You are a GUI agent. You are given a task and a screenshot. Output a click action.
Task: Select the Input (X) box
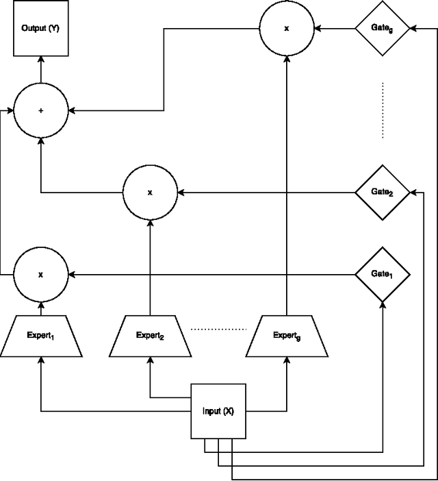coord(218,411)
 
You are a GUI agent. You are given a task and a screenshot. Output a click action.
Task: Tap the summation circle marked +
coord(40,110)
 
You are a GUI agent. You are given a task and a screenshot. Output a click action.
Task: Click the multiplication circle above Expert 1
coord(40,275)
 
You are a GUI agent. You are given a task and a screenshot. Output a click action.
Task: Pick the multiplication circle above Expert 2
coord(150,193)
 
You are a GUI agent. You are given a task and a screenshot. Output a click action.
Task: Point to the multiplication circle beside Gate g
coord(287,28)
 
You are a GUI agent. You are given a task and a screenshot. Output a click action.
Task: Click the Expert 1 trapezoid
coord(40,336)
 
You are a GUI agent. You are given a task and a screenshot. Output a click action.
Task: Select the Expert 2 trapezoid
coord(150,336)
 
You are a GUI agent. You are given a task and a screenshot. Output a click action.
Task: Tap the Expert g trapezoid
coord(287,336)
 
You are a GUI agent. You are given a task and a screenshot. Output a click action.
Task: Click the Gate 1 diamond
coord(382,275)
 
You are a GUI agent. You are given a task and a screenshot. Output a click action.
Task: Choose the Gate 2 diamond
coord(382,193)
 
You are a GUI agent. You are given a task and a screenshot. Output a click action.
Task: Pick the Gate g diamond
coord(382,28)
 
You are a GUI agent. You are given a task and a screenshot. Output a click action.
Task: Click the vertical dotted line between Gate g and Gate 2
coord(383,110)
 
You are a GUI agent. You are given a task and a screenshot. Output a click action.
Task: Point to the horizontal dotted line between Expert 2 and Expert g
coord(218,330)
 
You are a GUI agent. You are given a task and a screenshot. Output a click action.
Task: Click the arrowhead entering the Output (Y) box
coord(40,60)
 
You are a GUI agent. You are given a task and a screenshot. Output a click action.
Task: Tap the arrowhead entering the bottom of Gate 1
coord(383,306)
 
